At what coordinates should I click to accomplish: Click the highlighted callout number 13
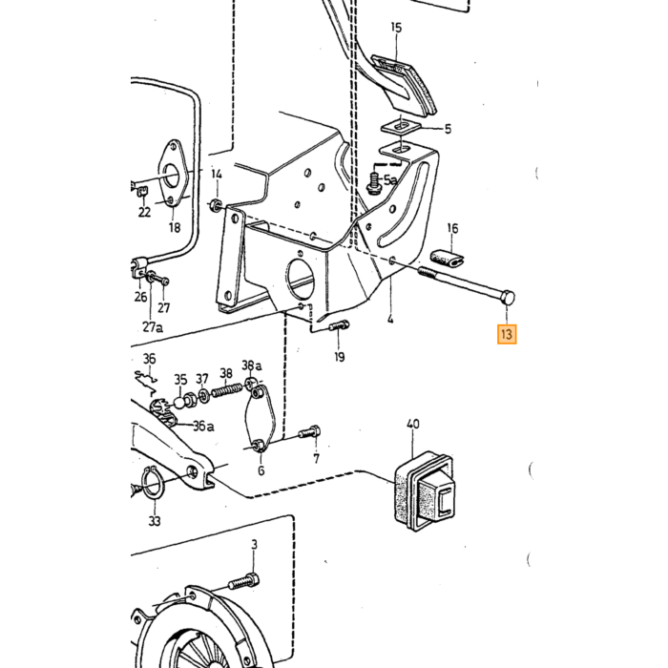(x=507, y=334)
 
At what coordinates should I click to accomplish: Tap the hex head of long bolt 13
(x=509, y=297)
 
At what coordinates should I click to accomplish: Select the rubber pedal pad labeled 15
(x=404, y=84)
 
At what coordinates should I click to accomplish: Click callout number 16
(x=452, y=229)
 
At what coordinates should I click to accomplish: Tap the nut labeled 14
(x=216, y=205)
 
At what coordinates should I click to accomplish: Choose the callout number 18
(x=175, y=227)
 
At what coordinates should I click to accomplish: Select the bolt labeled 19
(x=339, y=326)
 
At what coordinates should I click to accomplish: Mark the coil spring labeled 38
(x=226, y=390)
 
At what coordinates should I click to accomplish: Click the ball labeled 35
(x=179, y=401)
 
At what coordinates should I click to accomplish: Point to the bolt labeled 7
(x=310, y=432)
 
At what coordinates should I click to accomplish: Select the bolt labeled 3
(x=244, y=581)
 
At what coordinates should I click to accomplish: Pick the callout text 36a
(x=203, y=426)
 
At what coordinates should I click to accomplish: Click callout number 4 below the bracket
(x=390, y=319)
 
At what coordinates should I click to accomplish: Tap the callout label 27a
(x=153, y=326)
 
